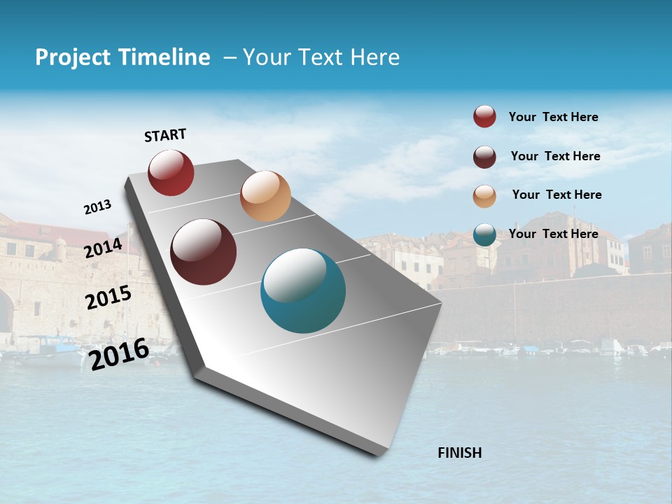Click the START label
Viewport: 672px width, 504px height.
[165, 135]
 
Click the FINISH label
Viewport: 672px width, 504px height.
[459, 453]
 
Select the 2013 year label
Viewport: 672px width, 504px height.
[97, 207]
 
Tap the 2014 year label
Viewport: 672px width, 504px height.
[103, 248]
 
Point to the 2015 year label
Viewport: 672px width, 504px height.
[108, 297]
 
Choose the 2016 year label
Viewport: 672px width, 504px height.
[119, 353]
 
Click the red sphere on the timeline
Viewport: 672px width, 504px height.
[171, 172]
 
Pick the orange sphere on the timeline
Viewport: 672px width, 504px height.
[265, 196]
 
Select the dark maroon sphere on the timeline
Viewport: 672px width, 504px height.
[203, 252]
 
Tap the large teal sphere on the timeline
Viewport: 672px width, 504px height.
[303, 290]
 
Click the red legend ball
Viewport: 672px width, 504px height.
[484, 117]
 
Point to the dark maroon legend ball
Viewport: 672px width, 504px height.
[484, 157]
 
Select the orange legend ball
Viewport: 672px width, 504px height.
[484, 196]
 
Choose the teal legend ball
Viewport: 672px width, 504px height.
[484, 234]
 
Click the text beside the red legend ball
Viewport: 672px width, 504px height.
[553, 117]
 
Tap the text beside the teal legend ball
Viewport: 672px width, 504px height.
[553, 234]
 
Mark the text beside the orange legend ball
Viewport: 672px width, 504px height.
[556, 195]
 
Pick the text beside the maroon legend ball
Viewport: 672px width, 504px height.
[555, 156]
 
